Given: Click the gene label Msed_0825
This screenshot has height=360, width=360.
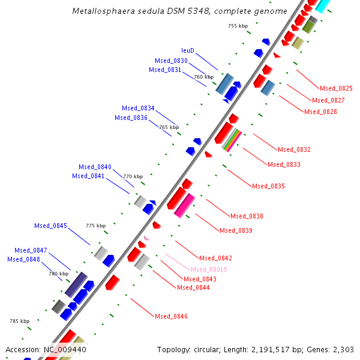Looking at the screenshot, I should click(336, 88).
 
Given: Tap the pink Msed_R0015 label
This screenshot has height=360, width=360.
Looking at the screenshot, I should click(209, 269).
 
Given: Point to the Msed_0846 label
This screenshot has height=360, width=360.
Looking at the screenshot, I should click(171, 316).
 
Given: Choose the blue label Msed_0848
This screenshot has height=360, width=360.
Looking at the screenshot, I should click(23, 259).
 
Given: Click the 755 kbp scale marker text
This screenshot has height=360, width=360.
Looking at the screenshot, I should click(238, 26).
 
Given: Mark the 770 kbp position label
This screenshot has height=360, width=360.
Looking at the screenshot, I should click(133, 176).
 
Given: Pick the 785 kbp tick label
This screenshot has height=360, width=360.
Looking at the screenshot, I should click(20, 321).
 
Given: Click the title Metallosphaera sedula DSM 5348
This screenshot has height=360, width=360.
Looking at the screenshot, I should click(179, 11).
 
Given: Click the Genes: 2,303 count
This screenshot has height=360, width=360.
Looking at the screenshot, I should click(339, 349).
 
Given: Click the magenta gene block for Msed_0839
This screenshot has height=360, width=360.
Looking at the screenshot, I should click(184, 205).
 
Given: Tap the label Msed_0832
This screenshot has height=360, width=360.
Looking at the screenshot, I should click(294, 149).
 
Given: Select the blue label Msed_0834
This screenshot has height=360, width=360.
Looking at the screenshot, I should click(138, 108).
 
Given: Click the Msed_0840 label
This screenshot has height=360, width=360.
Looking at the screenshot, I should click(95, 167).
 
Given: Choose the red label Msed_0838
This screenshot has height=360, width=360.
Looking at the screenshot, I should click(247, 216).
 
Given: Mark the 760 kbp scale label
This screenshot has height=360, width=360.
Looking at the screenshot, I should click(203, 77).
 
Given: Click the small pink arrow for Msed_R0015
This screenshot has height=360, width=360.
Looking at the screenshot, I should click(146, 238).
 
